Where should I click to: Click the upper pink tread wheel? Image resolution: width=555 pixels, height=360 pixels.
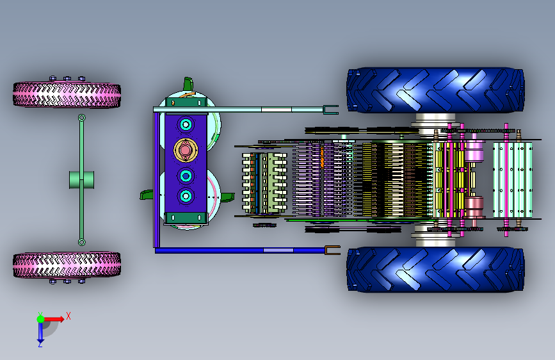[67, 95]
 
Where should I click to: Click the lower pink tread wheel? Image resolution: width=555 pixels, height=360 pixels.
[67, 265]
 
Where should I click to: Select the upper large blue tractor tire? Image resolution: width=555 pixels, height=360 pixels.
[435, 90]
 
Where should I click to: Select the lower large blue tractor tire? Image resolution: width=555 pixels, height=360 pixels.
[435, 270]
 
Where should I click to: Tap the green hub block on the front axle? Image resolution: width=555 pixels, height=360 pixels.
[81, 180]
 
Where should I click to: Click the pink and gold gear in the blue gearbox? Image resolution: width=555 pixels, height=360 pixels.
[185, 151]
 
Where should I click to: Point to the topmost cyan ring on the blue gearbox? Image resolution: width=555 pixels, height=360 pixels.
[186, 124]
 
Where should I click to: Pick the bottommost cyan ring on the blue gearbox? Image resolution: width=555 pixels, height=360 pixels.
[186, 196]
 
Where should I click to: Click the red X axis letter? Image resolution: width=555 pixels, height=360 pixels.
[68, 316]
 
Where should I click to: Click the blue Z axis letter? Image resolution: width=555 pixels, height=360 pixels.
[40, 344]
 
